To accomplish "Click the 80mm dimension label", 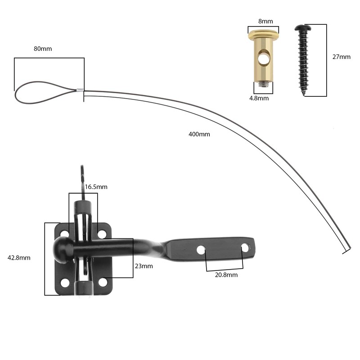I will [43, 49].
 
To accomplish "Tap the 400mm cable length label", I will [199, 134].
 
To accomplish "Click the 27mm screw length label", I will [341, 57].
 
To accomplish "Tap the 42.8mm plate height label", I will [19, 258].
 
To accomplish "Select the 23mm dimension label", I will [144, 266].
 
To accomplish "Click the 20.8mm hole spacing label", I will [226, 274].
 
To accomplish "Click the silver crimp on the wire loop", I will [79, 90].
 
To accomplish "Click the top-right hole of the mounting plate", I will [102, 234].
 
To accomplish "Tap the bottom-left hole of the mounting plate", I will [65, 283].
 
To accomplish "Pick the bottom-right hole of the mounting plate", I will [103, 283].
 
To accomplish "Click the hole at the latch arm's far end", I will [245, 247].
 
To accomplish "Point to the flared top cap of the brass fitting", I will [263, 35].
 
